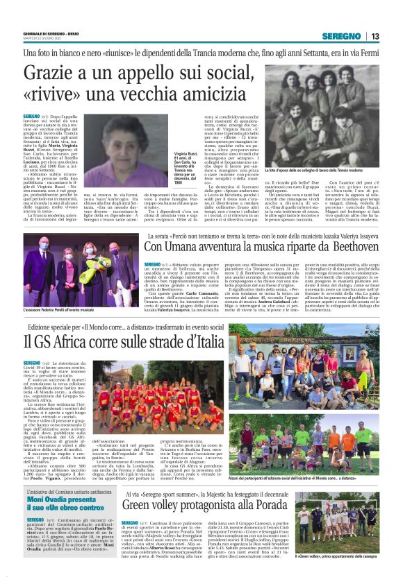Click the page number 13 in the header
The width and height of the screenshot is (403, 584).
pyautogui.click(x=375, y=36)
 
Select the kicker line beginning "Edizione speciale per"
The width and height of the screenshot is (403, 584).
pyautogui.click(x=132, y=327)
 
